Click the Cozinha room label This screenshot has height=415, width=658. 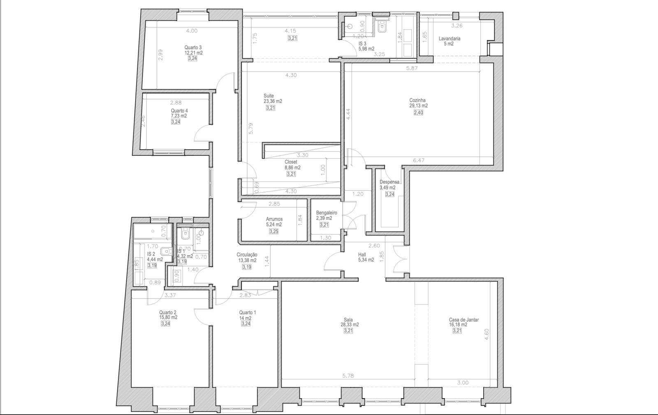click(x=417, y=100)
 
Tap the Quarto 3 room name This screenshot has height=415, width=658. click(x=193, y=48)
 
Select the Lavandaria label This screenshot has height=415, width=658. click(x=449, y=39)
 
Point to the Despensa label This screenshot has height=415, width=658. click(x=389, y=182)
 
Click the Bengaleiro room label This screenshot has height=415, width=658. click(x=327, y=213)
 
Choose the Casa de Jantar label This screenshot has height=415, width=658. click(x=464, y=320)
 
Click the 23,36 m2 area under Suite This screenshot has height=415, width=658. click(x=273, y=101)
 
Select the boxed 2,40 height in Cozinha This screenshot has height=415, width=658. click(x=418, y=113)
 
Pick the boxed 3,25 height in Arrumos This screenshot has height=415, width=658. click(x=273, y=232)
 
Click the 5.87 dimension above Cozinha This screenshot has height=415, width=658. click(x=412, y=68)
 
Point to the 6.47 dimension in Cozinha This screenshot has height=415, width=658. click(x=419, y=161)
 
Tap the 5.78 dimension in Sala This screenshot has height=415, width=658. click(x=348, y=376)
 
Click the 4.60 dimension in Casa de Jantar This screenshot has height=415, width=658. click(x=487, y=334)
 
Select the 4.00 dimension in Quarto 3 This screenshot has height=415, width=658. click(x=192, y=31)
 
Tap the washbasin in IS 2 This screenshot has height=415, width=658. click(x=166, y=251)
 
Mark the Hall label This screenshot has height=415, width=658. click(x=363, y=254)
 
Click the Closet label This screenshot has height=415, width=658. click(x=291, y=162)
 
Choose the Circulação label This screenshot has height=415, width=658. click(x=247, y=255)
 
